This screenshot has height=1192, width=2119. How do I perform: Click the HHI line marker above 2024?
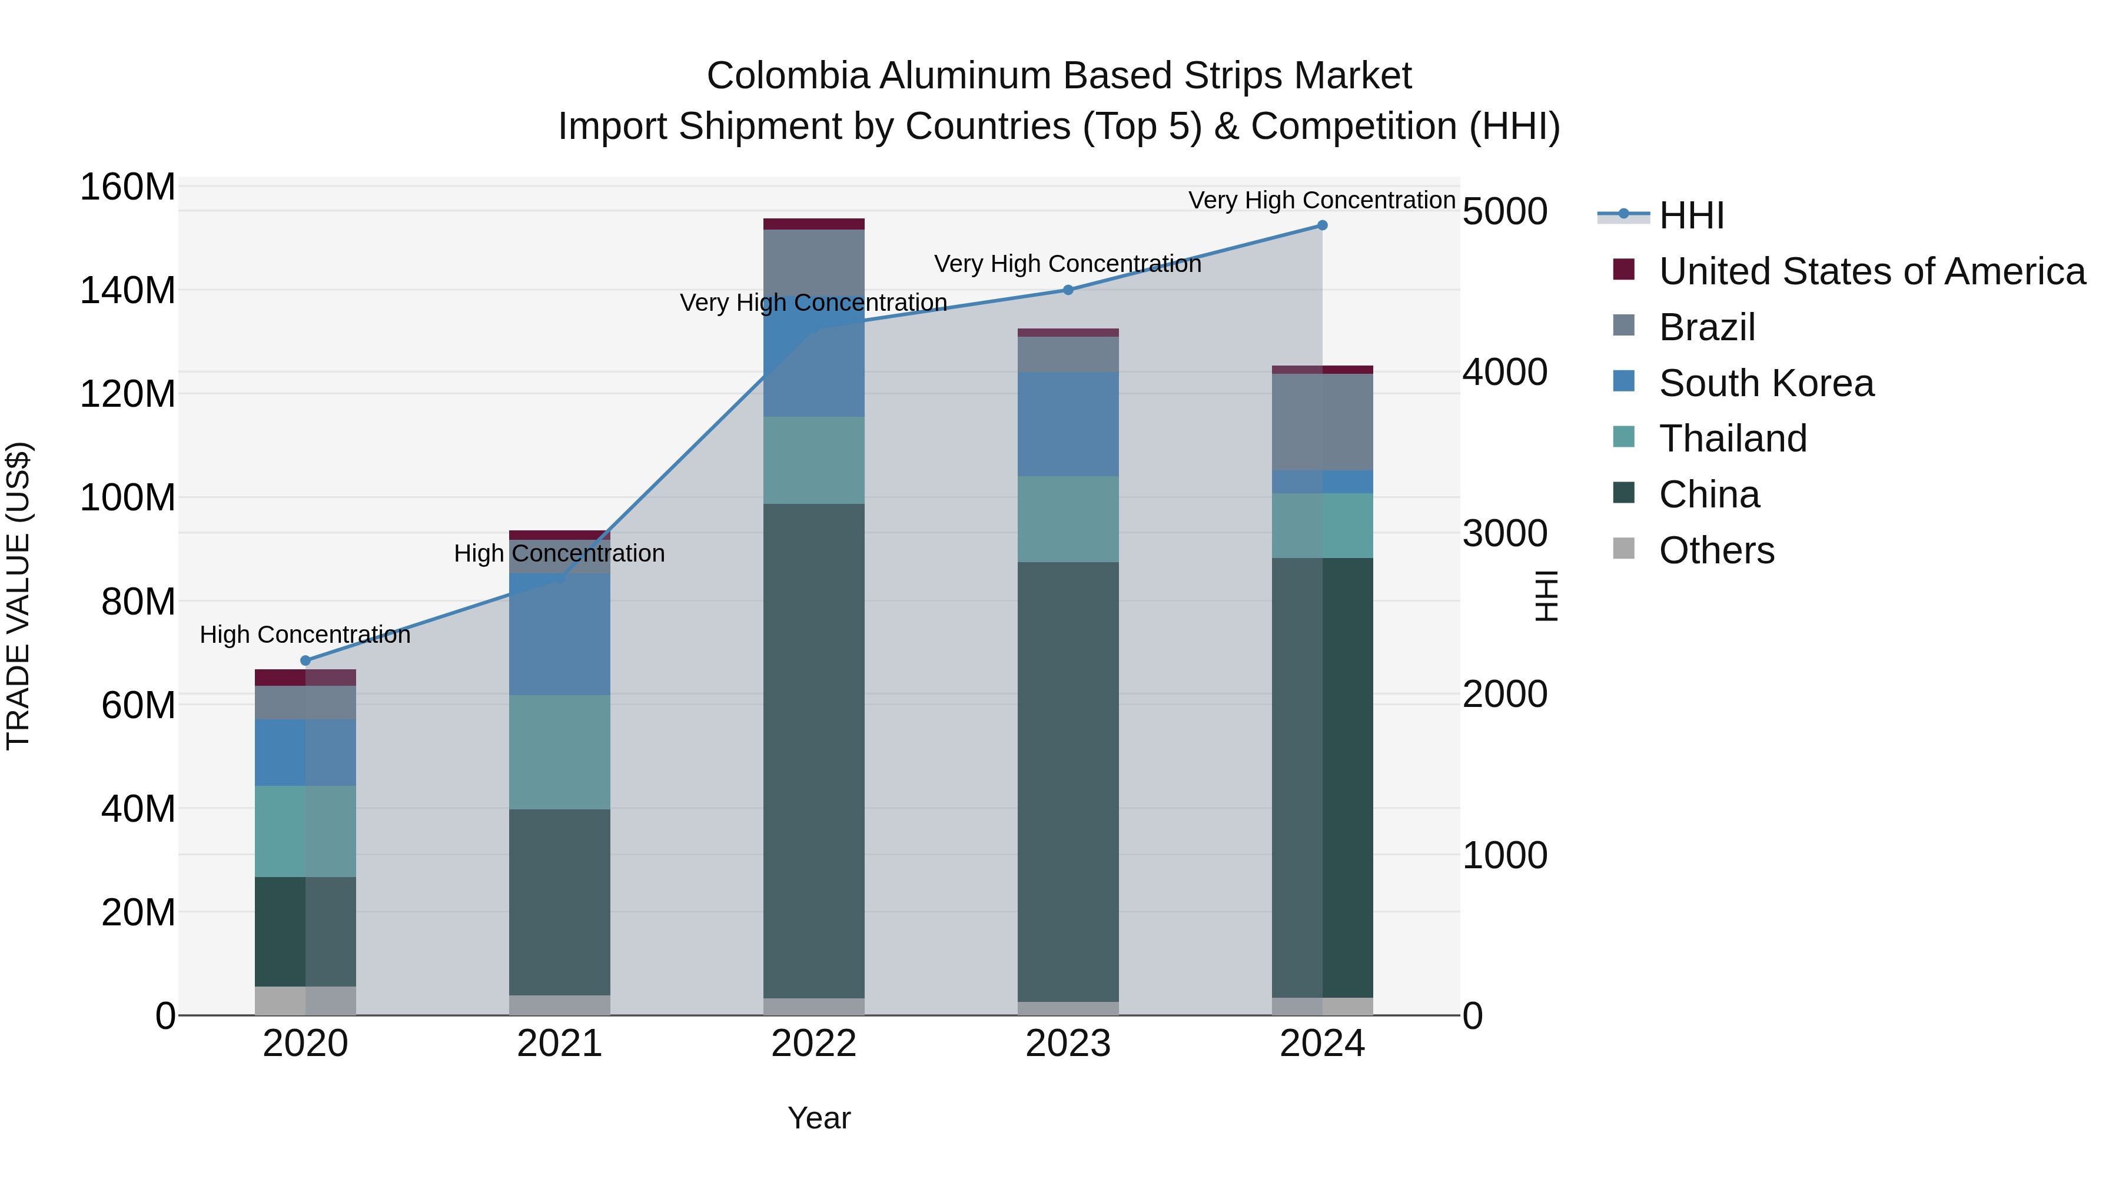point(1322,225)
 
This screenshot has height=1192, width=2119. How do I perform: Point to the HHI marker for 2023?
point(1068,290)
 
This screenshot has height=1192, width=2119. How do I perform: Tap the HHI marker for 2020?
point(305,660)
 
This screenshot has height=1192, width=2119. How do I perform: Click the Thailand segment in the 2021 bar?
point(559,752)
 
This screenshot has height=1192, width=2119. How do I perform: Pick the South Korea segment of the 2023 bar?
point(1068,424)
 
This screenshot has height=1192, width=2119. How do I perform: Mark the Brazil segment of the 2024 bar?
point(1322,422)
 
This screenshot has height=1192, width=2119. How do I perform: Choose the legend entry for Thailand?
point(1732,439)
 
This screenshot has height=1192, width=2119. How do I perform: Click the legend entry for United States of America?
point(1871,271)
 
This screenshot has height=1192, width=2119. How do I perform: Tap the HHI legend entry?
point(1690,215)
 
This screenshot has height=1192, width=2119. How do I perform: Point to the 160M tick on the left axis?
point(128,188)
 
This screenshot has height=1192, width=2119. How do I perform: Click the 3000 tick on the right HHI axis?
point(1504,533)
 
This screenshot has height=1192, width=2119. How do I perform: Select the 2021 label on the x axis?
point(559,1044)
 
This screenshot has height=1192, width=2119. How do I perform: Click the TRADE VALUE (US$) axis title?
point(18,596)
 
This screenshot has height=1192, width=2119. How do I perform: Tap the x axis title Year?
point(819,1118)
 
